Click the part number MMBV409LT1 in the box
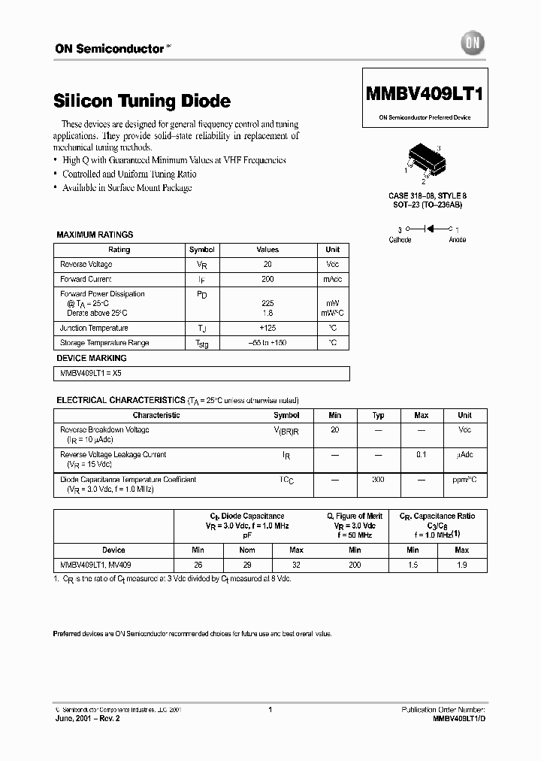click(425, 96)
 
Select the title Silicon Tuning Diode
click(143, 101)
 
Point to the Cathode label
click(400, 239)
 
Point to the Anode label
click(457, 239)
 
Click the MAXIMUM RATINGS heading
click(95, 235)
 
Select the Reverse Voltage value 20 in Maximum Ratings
click(267, 265)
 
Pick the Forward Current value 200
click(267, 279)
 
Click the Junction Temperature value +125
click(267, 328)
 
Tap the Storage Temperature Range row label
click(104, 343)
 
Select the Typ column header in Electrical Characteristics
click(379, 415)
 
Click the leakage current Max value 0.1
click(422, 454)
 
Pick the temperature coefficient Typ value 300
click(379, 479)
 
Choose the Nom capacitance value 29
click(246, 564)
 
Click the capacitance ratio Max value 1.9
click(462, 564)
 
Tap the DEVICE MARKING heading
click(92, 359)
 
